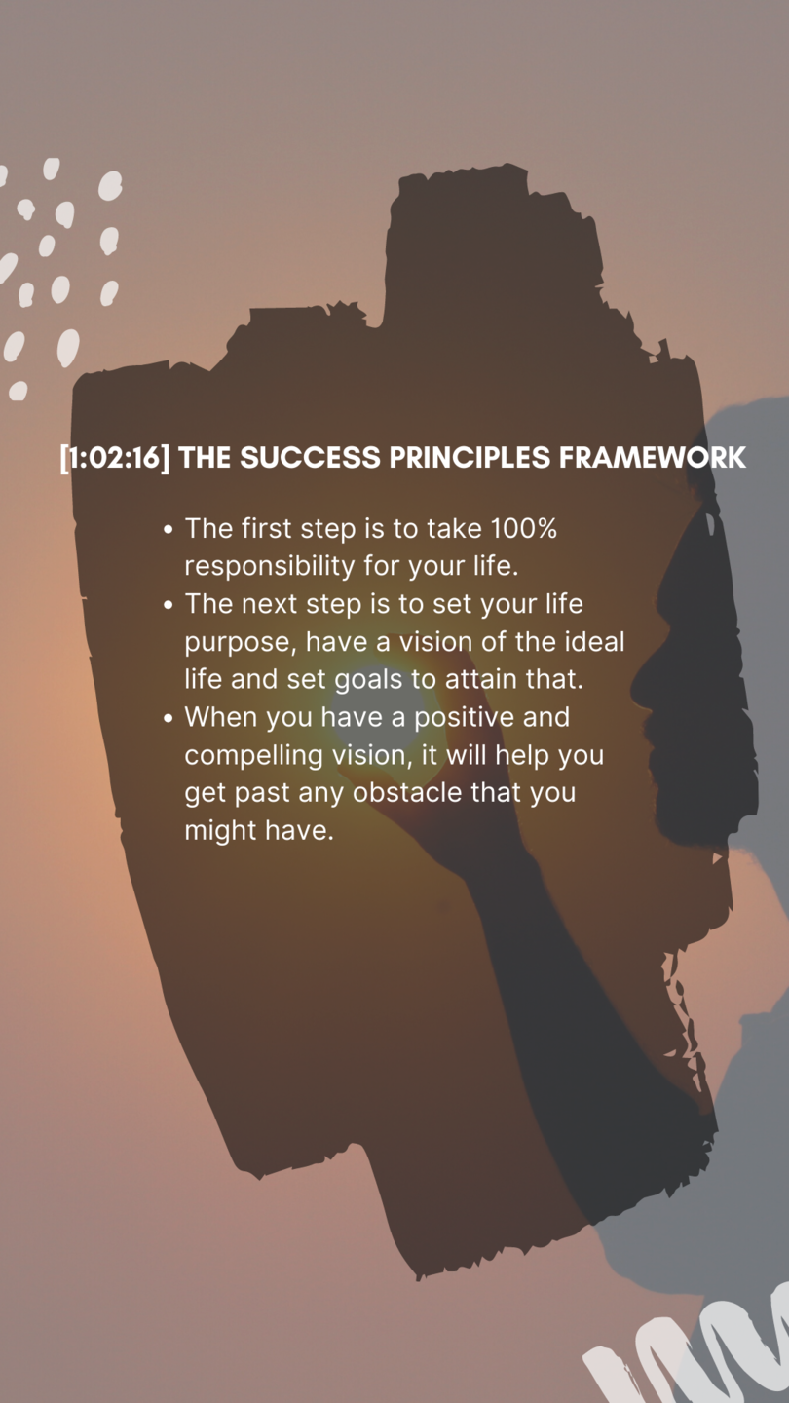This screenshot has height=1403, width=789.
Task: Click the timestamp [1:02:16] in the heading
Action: (x=115, y=458)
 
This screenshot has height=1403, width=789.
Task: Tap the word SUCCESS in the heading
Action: (x=310, y=458)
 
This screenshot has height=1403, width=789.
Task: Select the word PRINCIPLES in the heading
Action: (x=470, y=458)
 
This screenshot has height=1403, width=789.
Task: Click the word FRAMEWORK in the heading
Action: (x=653, y=458)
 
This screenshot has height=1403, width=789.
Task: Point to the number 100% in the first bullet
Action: (x=524, y=529)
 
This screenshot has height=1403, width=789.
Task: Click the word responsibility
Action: (x=270, y=567)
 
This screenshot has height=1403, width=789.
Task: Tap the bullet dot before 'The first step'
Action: (x=168, y=530)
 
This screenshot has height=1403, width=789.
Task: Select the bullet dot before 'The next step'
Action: (x=168, y=606)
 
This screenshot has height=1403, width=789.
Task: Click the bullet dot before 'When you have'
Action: (x=168, y=718)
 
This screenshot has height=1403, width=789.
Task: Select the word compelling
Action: (x=253, y=756)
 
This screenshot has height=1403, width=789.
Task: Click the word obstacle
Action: (x=407, y=792)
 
